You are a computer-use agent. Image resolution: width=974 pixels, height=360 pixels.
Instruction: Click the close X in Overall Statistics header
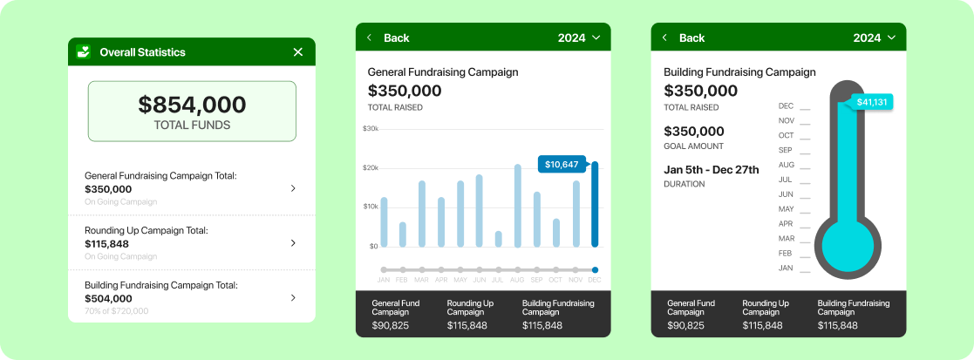click(298, 52)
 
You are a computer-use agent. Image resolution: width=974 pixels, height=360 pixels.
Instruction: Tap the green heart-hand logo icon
click(83, 52)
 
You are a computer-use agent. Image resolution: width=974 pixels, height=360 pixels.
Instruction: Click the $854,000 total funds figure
click(192, 105)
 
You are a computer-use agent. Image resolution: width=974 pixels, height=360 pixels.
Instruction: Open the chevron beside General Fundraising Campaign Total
click(293, 188)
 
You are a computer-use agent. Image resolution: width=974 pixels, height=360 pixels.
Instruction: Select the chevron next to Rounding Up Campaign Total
click(293, 243)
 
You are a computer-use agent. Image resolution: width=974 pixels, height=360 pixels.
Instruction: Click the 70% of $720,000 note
click(117, 311)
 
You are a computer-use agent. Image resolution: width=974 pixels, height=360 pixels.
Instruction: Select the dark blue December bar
click(595, 204)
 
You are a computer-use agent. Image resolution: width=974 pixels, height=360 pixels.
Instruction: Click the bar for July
click(498, 239)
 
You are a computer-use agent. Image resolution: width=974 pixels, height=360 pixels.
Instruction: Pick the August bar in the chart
click(517, 206)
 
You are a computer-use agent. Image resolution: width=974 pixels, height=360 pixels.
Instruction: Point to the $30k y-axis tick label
click(371, 128)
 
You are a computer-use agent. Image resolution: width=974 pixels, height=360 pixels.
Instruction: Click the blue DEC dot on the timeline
click(595, 270)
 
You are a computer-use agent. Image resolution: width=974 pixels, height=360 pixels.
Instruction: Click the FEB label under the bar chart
click(403, 280)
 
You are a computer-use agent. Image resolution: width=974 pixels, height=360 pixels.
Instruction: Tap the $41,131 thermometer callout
click(871, 102)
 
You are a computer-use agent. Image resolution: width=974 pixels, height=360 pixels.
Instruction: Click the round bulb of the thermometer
click(848, 247)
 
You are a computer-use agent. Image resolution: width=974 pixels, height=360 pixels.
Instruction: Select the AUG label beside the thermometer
click(787, 165)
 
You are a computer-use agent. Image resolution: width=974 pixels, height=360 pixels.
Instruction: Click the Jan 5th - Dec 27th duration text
click(712, 169)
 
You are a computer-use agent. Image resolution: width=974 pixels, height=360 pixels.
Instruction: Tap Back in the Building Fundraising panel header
click(692, 37)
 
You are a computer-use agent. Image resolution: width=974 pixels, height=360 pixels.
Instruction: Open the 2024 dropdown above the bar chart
click(579, 37)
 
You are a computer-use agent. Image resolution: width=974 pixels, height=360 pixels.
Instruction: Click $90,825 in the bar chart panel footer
click(390, 326)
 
